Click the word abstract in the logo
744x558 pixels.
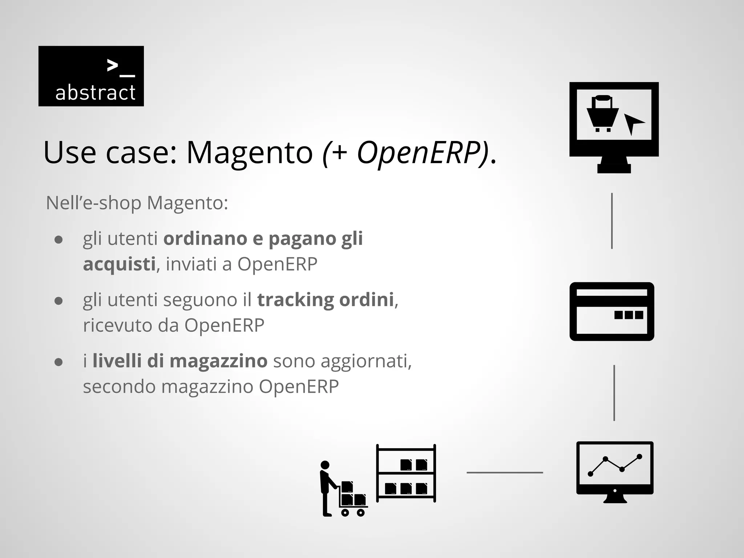tap(95, 93)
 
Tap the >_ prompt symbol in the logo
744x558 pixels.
tap(121, 68)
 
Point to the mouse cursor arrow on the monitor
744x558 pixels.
tap(632, 123)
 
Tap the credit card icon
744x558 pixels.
tap(612, 311)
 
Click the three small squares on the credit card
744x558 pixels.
tap(628, 315)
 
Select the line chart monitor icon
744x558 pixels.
tap(615, 472)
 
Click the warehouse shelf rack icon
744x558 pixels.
tap(406, 473)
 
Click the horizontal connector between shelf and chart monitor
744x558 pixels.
tap(504, 473)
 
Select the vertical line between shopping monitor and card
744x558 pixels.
tap(612, 221)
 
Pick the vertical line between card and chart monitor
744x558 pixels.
tap(614, 393)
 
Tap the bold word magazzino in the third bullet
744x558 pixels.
tap(218, 361)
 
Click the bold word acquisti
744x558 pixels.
tap(119, 264)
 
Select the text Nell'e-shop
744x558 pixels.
tap(93, 203)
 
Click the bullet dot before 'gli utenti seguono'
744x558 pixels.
tap(58, 301)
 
